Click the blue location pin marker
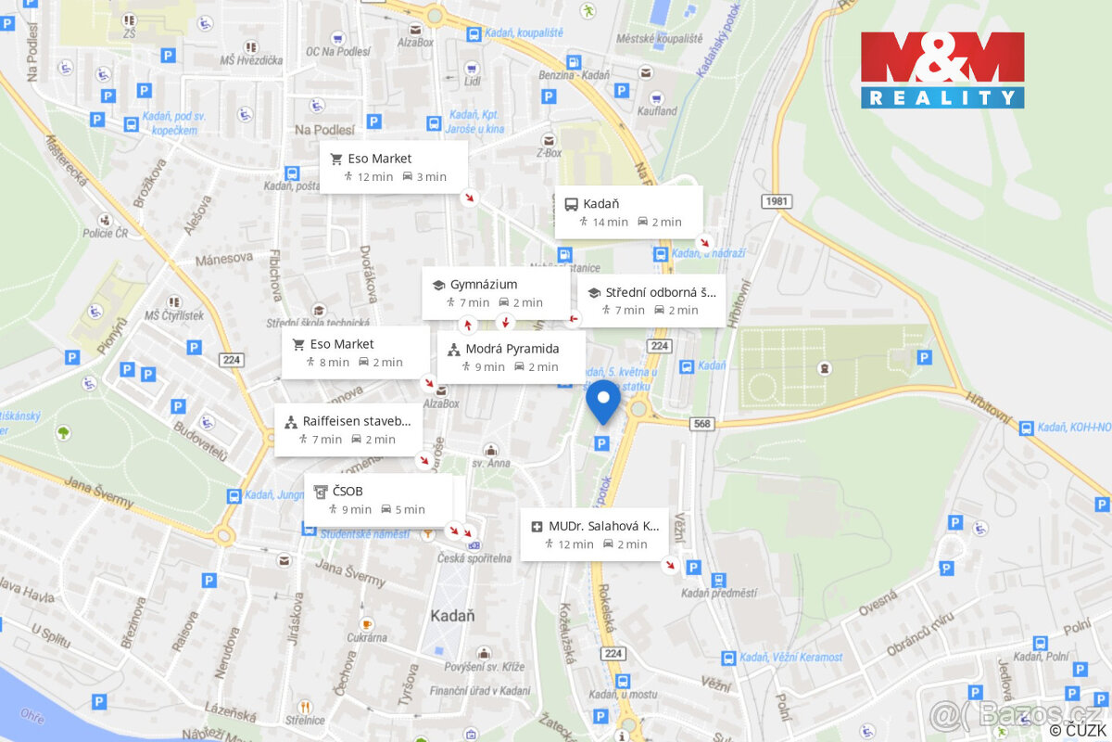click(603, 401)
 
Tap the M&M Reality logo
click(942, 70)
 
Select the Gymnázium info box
click(496, 293)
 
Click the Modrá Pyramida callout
click(511, 357)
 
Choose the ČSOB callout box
click(378, 500)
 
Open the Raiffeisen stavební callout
click(348, 429)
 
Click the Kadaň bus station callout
click(628, 211)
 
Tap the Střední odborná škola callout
click(651, 301)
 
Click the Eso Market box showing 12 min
click(393, 167)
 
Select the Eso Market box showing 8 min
click(355, 352)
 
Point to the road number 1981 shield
click(777, 201)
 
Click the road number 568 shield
click(702, 424)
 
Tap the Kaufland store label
click(657, 111)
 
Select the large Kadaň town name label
click(452, 615)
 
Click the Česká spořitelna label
click(474, 558)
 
